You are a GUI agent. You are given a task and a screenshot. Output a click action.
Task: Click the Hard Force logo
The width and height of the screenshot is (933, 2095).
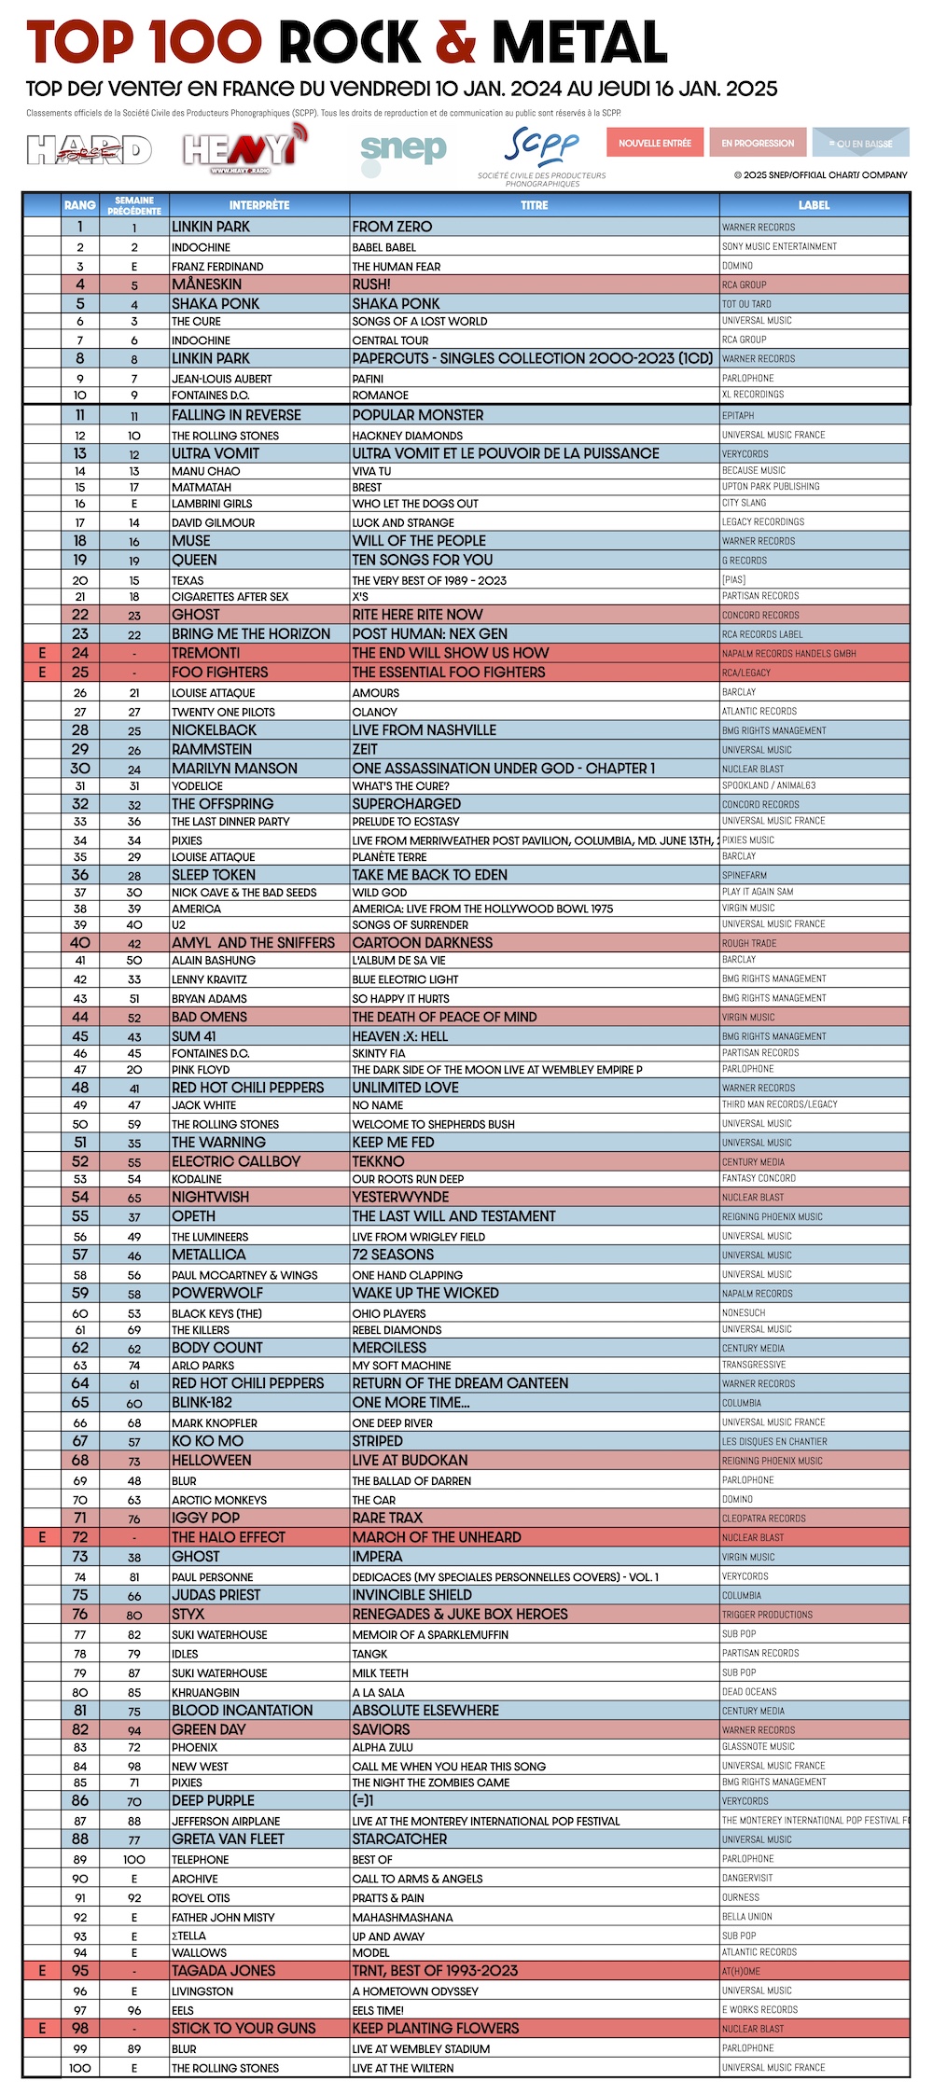click(89, 149)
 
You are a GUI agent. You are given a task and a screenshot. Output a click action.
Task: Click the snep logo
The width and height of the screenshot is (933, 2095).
click(403, 149)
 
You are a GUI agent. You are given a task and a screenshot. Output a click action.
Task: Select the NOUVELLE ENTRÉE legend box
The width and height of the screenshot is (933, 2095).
click(655, 143)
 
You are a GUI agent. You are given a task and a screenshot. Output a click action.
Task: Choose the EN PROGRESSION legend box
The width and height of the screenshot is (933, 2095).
click(758, 143)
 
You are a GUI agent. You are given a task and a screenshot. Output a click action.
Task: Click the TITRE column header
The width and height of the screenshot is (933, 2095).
click(534, 205)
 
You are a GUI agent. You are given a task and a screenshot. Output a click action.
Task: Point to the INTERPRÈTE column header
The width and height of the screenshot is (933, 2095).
click(259, 205)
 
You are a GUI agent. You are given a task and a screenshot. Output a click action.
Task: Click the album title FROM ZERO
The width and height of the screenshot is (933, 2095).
click(392, 227)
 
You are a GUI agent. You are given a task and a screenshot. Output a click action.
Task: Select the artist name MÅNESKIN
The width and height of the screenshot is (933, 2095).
click(206, 284)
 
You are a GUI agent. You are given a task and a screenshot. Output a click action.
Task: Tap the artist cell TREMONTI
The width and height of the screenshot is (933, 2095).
click(205, 653)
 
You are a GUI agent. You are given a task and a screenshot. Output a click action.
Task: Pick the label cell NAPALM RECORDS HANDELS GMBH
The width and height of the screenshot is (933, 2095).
click(788, 654)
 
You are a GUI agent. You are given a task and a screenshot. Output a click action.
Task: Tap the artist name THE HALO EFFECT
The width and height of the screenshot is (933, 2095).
click(228, 1537)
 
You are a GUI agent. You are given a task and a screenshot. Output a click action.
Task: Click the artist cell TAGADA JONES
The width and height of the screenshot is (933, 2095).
click(223, 1971)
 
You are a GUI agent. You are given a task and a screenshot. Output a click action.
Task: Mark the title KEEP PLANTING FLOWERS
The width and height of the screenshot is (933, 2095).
click(436, 2029)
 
